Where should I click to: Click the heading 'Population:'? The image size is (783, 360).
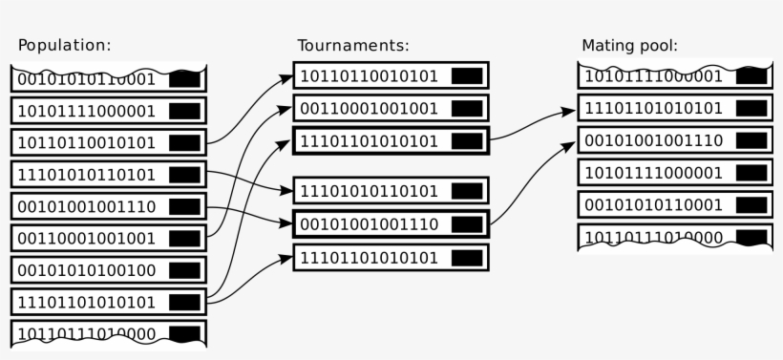pos(65,45)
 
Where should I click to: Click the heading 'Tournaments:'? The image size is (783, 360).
pos(352,45)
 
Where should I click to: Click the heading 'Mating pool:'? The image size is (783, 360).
pos(629,45)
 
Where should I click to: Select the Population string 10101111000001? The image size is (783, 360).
pos(87,111)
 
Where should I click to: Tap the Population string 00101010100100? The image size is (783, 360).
pos(87,270)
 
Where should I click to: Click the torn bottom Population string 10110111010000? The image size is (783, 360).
pos(87,333)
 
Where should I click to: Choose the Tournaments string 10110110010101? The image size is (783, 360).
pos(370,75)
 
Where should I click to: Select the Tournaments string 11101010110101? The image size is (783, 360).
pos(370,192)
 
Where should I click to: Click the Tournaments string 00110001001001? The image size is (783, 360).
pos(370,108)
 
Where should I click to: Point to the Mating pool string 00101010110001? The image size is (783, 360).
pos(653,204)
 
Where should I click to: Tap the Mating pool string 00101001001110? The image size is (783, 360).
pos(653,140)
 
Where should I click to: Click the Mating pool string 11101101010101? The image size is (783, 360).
pos(653,108)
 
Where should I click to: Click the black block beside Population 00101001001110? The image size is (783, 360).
pos(184,206)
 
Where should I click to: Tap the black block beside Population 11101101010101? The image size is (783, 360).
pos(184,302)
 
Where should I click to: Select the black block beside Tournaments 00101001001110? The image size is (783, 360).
pos(467,223)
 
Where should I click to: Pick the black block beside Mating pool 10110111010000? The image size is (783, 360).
pos(751,237)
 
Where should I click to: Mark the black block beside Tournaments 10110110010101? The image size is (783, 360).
pos(467,75)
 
